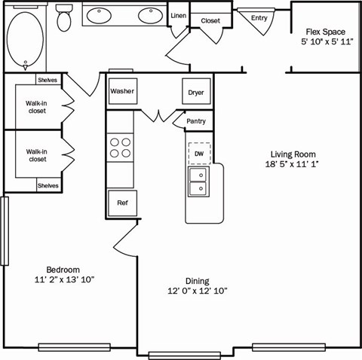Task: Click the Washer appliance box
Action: pyautogui.click(x=121, y=92)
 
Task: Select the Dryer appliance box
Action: pyautogui.click(x=196, y=92)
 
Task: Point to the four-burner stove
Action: pyautogui.click(x=120, y=147)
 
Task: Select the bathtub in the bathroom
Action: pyautogui.click(x=27, y=39)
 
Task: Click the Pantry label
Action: pyautogui.click(x=195, y=121)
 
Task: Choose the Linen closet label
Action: pyautogui.click(x=179, y=15)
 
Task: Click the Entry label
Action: pyautogui.click(x=259, y=17)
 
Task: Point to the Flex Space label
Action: pyautogui.click(x=325, y=32)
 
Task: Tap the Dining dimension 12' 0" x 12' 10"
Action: pyautogui.click(x=197, y=291)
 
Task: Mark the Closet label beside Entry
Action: pyautogui.click(x=210, y=20)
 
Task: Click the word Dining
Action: pyautogui.click(x=197, y=281)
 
